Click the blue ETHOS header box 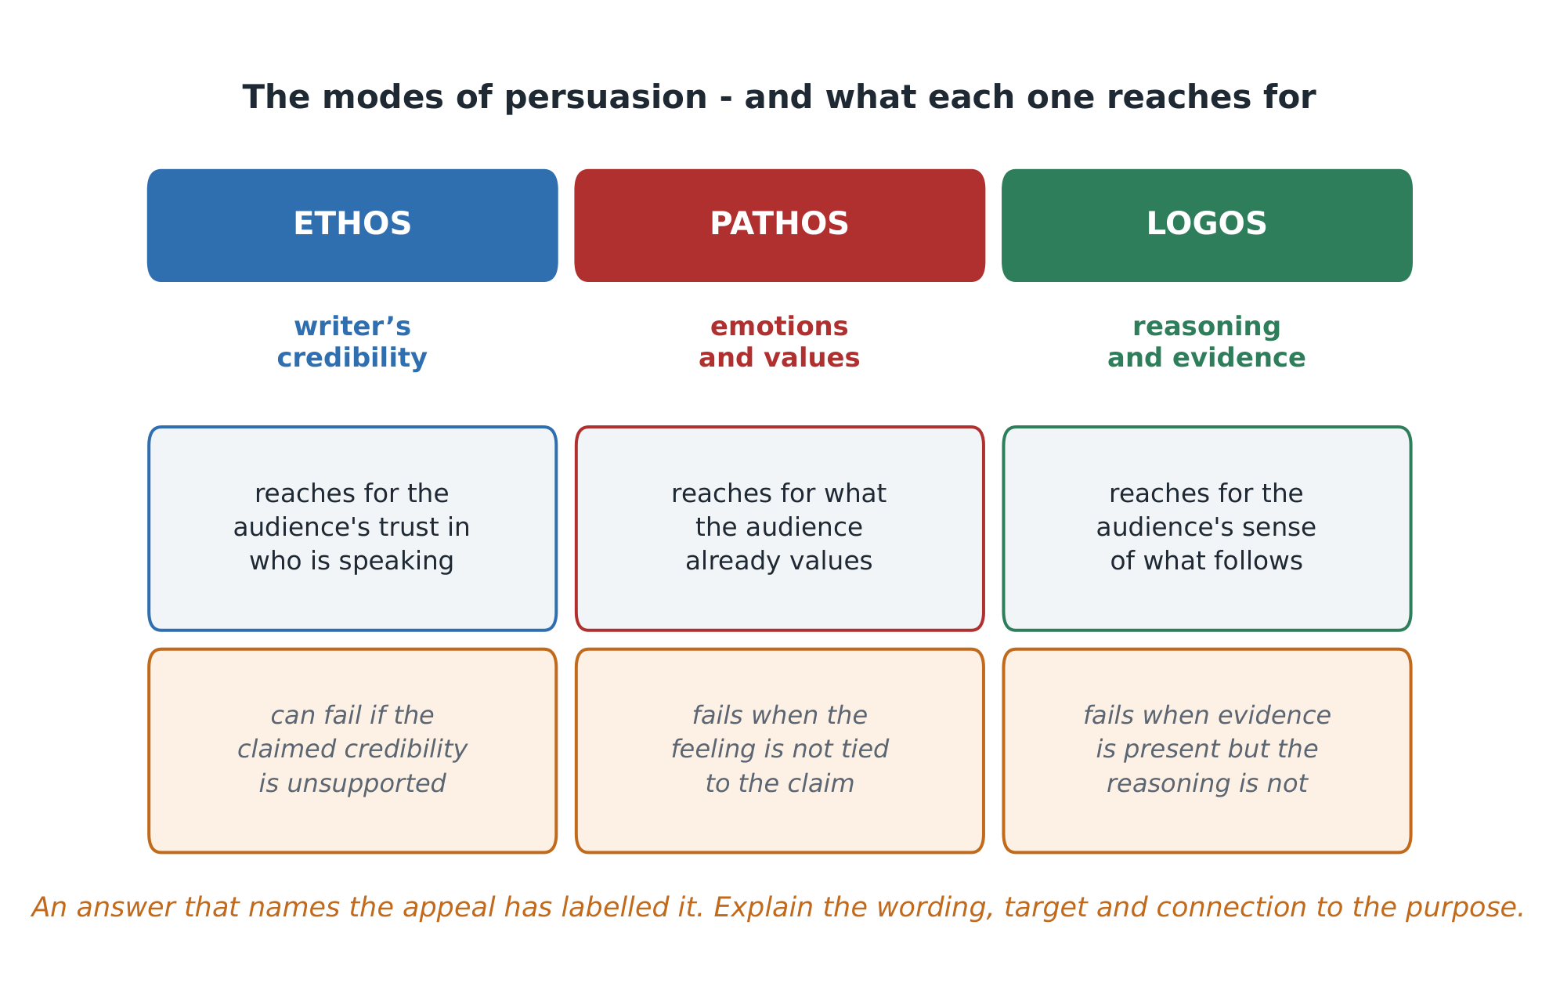[x=352, y=226]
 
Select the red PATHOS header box [x=780, y=226]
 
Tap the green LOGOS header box [x=1207, y=226]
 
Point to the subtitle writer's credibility [x=352, y=342]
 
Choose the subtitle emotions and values [x=779, y=342]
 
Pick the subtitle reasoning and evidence [x=1207, y=342]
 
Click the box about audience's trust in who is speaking [x=352, y=529]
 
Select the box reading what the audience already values [x=780, y=529]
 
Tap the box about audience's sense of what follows [x=1207, y=529]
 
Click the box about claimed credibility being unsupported [x=352, y=750]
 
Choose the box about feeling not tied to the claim [x=780, y=750]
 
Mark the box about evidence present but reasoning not [x=1207, y=750]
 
